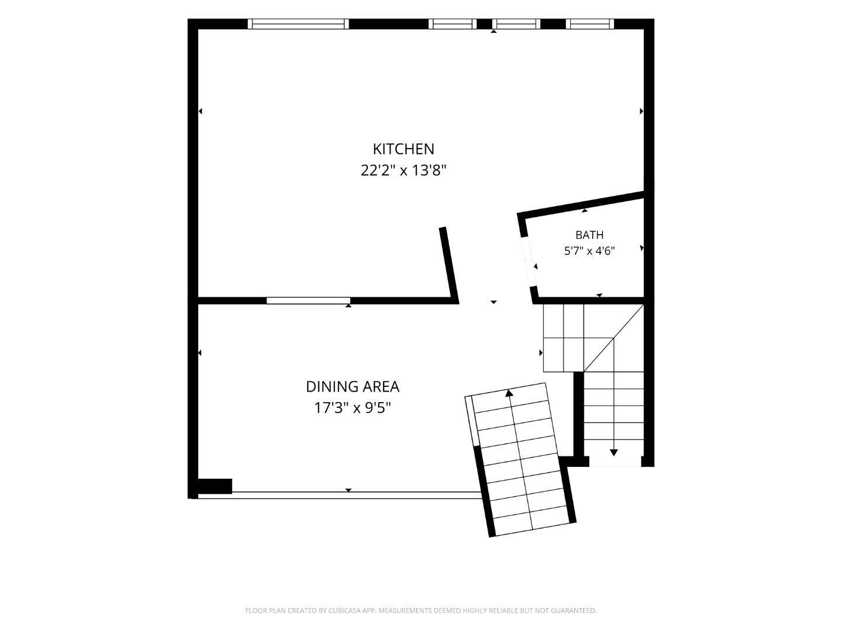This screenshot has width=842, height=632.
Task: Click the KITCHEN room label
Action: pos(403,149)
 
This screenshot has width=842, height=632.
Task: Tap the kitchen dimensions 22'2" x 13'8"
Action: pos(403,170)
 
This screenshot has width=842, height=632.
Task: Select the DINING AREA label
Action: pos(353,387)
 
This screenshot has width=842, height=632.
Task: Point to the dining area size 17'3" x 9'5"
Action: pos(353,408)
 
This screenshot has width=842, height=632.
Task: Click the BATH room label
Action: pos(589,235)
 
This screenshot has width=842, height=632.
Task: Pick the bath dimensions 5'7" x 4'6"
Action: pos(589,251)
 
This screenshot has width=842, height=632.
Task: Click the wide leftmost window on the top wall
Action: pos(298,24)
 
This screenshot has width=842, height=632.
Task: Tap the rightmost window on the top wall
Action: pos(590,24)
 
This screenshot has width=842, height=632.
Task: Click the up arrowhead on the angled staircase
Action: pos(509,393)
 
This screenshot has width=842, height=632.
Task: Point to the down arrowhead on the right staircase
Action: pos(614,453)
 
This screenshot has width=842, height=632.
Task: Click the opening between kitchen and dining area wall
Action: pos(308,300)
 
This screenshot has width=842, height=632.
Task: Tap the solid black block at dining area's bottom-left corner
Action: pos(215,486)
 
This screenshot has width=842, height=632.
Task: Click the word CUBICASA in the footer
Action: pos(344,610)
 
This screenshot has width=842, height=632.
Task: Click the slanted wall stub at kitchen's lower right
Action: pos(449,265)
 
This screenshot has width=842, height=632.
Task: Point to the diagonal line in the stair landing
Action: pos(613,338)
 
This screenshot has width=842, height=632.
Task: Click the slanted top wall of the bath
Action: pos(581,205)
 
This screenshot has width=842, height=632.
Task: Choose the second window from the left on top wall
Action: pos(453,24)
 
